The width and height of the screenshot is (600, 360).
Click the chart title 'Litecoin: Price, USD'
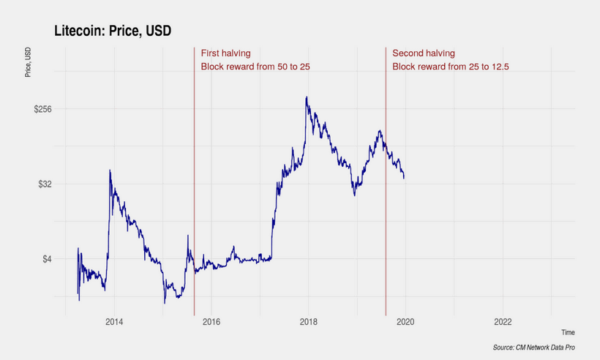pos(113,30)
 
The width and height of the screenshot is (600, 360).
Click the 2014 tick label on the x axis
pos(113,322)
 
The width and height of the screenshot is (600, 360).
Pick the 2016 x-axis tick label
pos(211,322)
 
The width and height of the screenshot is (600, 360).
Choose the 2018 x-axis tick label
pos(308,322)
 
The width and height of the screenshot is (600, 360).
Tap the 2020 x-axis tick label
pos(405,322)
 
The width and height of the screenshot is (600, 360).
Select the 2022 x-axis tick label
pos(503,322)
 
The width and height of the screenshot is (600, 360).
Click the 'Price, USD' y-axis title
pos(28,62)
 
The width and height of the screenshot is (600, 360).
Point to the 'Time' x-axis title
pos(568,332)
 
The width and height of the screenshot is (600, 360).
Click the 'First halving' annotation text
pos(226,53)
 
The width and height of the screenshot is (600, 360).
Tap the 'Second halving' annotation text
pos(424,53)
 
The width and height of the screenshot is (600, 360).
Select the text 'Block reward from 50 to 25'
pos(255,67)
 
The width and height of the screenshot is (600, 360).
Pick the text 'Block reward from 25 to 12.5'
pos(450,67)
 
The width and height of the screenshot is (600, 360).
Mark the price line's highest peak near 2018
pos(307,97)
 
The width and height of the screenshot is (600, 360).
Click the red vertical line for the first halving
pos(194,183)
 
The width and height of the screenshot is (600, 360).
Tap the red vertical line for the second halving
pos(386,220)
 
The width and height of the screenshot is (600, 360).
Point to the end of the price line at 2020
pos(404,177)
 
